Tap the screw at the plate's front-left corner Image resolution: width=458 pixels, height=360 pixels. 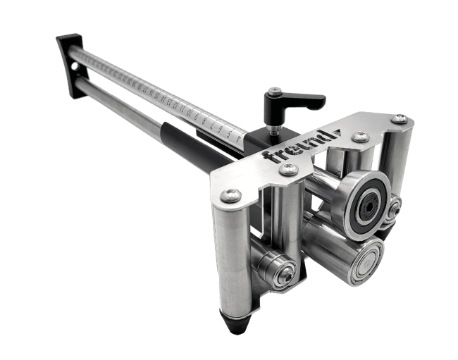234,195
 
